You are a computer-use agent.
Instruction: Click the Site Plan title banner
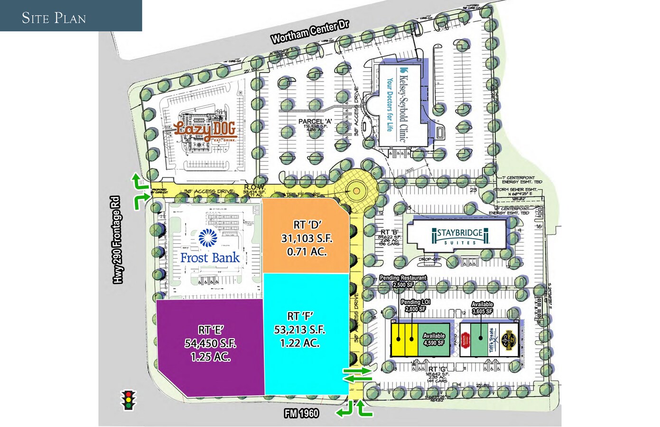(54, 18)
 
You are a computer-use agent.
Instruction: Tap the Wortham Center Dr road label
(310, 32)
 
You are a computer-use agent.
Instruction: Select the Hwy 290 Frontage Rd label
(117, 240)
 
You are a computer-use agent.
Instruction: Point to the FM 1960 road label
(301, 414)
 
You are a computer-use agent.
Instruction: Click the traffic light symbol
(128, 400)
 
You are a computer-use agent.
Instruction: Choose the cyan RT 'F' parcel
(300, 330)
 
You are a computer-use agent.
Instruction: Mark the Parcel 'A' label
(315, 121)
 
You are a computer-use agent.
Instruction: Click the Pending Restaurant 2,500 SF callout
(403, 281)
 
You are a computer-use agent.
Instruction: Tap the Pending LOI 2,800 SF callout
(415, 306)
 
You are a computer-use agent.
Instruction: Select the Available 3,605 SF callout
(482, 308)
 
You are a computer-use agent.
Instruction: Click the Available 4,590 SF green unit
(434, 340)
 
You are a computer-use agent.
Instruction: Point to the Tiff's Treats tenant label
(492, 340)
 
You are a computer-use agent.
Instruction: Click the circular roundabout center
(356, 191)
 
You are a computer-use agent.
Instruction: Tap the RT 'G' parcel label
(437, 369)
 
